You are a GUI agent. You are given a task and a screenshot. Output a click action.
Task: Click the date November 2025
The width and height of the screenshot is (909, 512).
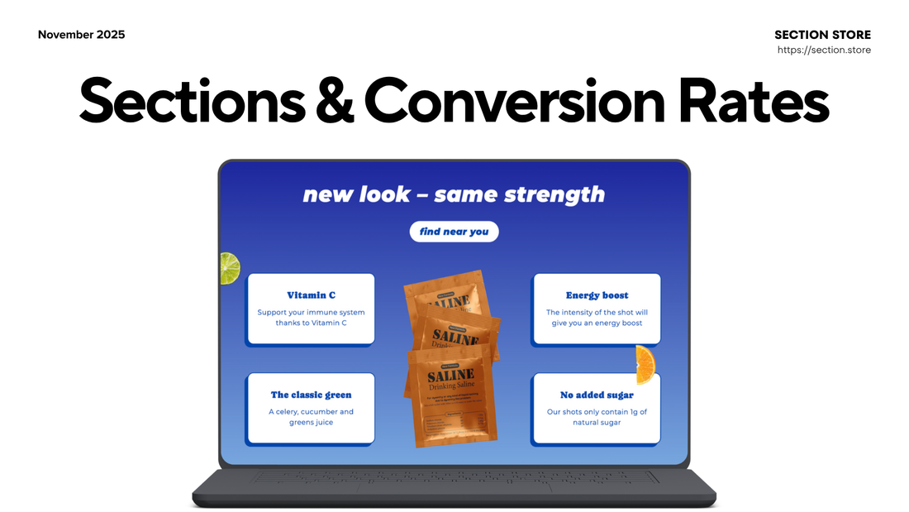82,35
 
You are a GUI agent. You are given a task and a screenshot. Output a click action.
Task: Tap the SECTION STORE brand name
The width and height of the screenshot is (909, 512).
822,35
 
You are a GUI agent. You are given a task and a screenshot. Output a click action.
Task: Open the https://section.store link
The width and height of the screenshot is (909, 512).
824,50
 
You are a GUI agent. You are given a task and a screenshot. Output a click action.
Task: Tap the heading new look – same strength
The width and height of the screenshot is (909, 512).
454,195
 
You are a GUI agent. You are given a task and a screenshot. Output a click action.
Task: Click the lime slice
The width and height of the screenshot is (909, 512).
229,268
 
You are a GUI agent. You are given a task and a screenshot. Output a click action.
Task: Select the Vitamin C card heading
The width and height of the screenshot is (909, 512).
311,295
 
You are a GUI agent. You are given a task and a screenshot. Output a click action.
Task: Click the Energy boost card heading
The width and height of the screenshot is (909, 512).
597,295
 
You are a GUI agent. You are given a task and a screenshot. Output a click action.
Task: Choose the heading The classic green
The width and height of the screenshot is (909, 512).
311,395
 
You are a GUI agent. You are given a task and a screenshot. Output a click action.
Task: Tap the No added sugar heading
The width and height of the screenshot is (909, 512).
597,395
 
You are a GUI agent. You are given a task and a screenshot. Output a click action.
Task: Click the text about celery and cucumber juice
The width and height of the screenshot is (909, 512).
311,417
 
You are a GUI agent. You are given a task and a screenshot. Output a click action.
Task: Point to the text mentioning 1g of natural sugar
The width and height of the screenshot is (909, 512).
597,417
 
